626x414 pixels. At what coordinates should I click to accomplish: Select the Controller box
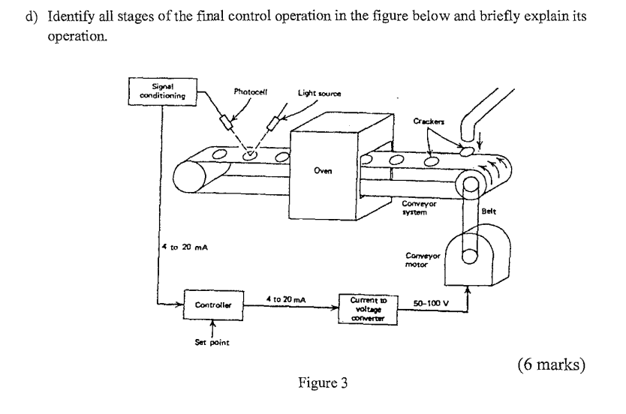(212, 305)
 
